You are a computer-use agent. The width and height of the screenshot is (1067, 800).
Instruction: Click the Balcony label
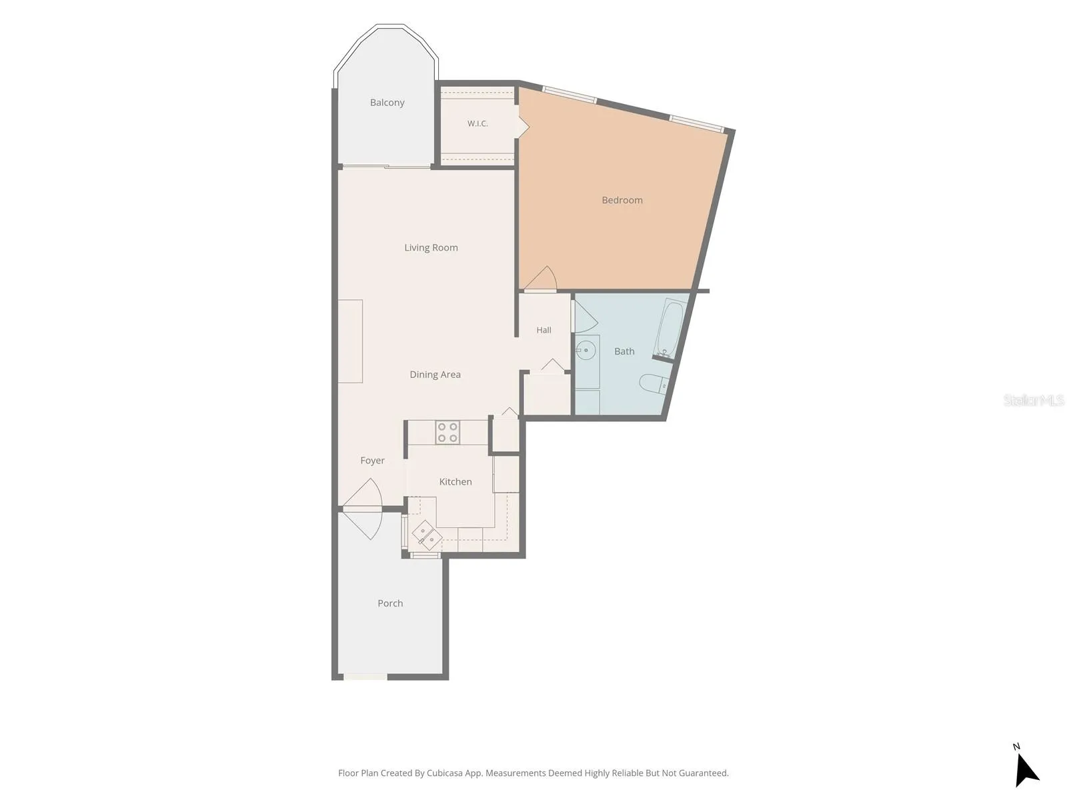(x=387, y=103)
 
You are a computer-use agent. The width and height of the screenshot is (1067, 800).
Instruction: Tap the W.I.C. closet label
(x=477, y=124)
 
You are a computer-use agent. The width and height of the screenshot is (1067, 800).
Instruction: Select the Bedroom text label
(x=622, y=200)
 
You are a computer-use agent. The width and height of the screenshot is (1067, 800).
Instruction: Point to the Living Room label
(x=431, y=248)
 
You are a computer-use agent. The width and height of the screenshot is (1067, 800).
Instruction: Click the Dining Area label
(x=435, y=375)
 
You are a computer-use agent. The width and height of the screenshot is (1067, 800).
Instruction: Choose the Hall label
(x=544, y=330)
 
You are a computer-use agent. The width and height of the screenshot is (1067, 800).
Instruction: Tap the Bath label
(x=624, y=351)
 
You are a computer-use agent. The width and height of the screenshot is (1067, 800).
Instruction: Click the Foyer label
(x=372, y=461)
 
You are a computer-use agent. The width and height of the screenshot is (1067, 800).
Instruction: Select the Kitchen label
(x=455, y=482)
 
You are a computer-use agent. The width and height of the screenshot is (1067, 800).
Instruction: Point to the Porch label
(x=390, y=603)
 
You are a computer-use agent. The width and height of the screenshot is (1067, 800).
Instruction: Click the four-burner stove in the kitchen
(x=447, y=432)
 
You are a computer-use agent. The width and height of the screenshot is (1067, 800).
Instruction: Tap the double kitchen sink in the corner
(x=427, y=535)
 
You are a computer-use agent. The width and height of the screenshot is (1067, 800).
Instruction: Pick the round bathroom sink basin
(x=586, y=350)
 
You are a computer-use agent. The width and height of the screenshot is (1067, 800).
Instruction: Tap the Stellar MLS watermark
(x=1033, y=400)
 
